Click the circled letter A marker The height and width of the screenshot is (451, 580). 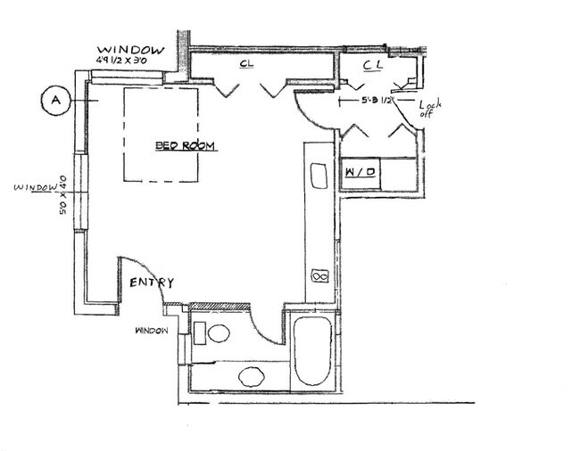pyautogui.click(x=54, y=101)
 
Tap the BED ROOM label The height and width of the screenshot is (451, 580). pyautogui.click(x=186, y=146)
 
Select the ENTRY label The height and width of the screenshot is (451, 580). pyautogui.click(x=152, y=283)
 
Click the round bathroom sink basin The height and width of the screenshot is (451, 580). pyautogui.click(x=250, y=374)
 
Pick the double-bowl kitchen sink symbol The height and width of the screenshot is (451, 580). pyautogui.click(x=318, y=277)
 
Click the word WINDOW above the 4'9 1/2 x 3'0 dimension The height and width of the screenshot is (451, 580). pyautogui.click(x=129, y=50)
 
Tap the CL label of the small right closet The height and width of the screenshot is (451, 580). pyautogui.click(x=374, y=65)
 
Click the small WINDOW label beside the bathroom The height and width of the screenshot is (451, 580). pyautogui.click(x=152, y=331)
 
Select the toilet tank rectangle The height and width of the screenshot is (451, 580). pyautogui.click(x=201, y=334)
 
